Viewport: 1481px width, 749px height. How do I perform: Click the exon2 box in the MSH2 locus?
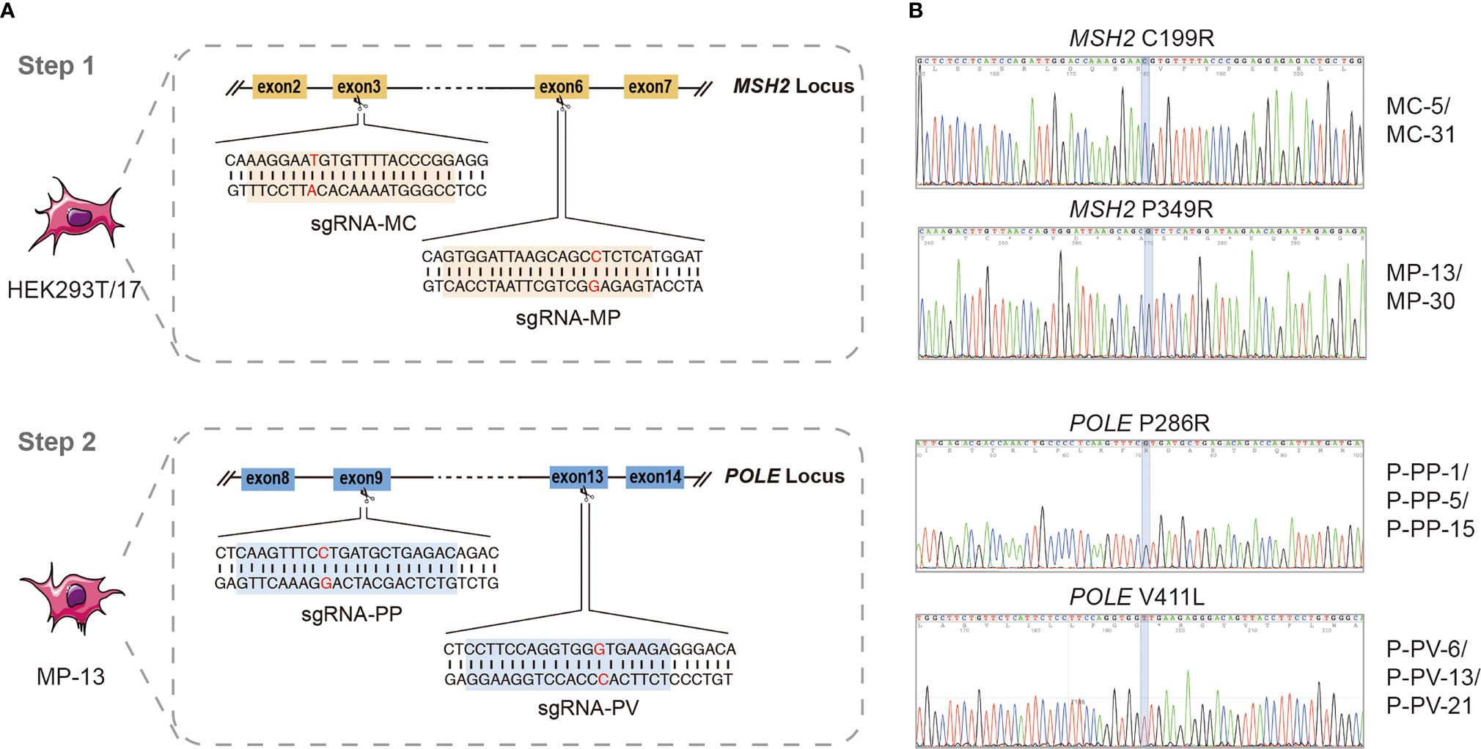[x=279, y=87]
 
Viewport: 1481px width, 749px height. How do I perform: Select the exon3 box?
[x=359, y=87]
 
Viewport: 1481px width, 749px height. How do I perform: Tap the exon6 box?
[x=561, y=87]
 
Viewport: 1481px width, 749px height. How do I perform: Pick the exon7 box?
[x=650, y=87]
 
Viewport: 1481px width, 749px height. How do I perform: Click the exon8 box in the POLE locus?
[x=268, y=478]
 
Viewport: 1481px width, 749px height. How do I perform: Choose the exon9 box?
[x=361, y=478]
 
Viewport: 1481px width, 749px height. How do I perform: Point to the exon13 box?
[x=578, y=477]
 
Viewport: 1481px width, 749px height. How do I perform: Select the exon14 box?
[x=655, y=477]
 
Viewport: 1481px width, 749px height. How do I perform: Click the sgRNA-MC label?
[x=363, y=224]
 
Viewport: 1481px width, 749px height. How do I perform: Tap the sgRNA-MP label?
[x=567, y=318]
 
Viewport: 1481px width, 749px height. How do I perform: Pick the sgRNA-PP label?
[x=351, y=614]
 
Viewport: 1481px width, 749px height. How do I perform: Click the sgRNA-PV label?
[x=588, y=708]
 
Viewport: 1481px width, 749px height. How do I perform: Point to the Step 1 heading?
[x=56, y=66]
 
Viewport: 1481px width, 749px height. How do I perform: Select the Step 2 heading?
[x=57, y=442]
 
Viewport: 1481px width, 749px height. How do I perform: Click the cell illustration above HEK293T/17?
[x=77, y=216]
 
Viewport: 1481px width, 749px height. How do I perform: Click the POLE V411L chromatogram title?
[x=1136, y=597]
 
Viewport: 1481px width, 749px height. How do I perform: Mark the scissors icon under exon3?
[x=361, y=106]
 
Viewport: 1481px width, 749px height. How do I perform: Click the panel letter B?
[x=915, y=10]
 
